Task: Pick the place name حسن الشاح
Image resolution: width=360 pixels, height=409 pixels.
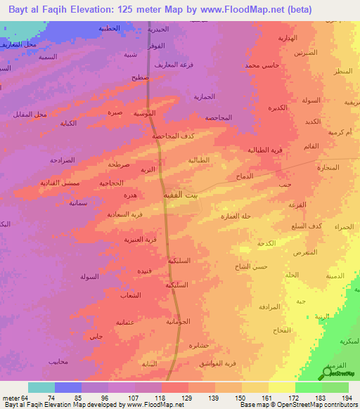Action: pyautogui.click(x=252, y=266)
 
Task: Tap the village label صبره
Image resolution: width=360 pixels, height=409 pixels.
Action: pyautogui.click(x=115, y=112)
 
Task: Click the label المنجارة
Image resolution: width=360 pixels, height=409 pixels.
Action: pyautogui.click(x=328, y=167)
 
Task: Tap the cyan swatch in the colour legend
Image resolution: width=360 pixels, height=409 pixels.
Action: pyautogui.click(x=41, y=387)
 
